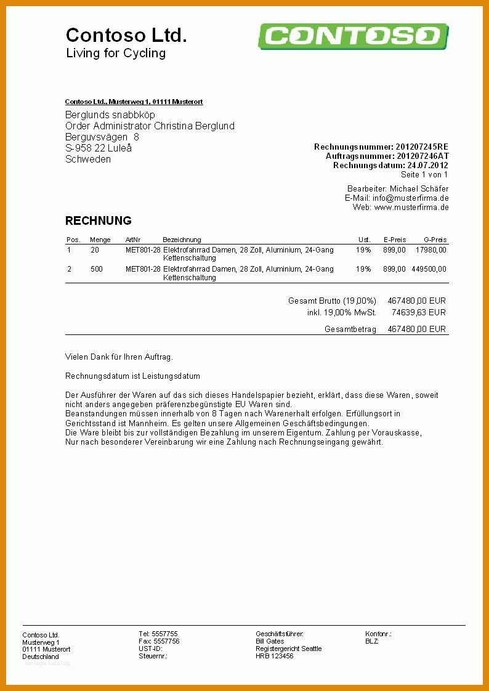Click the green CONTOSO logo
352,36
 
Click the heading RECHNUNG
99,221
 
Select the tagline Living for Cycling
116,54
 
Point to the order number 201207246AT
422,156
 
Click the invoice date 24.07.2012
427,166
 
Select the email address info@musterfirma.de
410,198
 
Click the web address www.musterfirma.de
411,208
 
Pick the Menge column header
100,240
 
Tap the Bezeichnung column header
182,240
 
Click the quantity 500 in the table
97,269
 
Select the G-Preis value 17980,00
431,251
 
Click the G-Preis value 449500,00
429,269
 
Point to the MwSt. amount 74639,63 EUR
418,313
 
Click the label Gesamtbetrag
350,329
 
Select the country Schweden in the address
88,160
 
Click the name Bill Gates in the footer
270,642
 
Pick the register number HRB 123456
275,657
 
